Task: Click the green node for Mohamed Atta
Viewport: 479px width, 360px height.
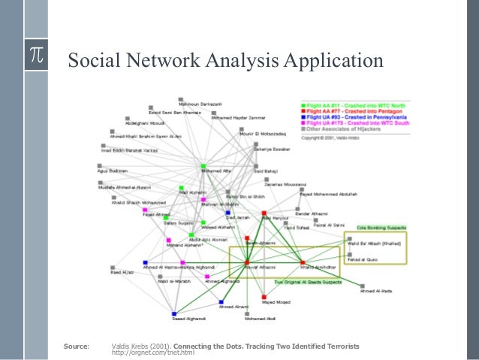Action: (203, 165)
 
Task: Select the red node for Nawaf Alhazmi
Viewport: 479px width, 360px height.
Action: (246, 262)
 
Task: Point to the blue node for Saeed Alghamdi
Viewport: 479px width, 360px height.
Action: (173, 313)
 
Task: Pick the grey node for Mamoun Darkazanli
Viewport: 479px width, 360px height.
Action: (180, 98)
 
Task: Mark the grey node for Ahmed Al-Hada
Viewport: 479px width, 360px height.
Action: (362, 286)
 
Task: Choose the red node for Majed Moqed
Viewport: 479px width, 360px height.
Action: (264, 297)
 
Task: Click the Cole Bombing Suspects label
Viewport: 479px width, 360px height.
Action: (381, 226)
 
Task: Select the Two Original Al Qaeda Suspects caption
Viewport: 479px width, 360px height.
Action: (307, 283)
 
